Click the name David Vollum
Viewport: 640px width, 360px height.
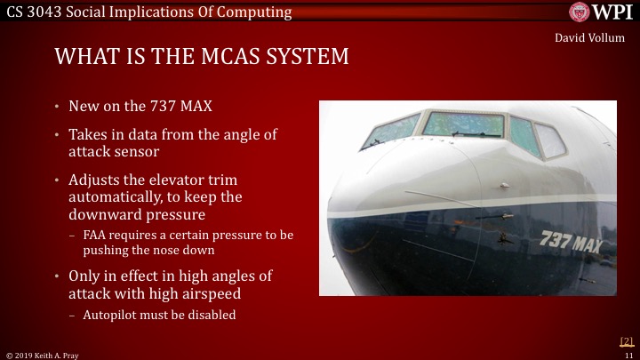[x=590, y=38]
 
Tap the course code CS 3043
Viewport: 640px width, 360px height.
[x=33, y=12]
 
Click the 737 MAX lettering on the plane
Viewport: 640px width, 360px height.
[x=571, y=241]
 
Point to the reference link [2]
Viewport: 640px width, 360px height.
[x=626, y=341]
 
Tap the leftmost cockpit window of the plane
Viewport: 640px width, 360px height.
[x=390, y=131]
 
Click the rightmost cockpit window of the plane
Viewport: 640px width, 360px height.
[x=549, y=140]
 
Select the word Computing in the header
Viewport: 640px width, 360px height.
[x=257, y=12]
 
